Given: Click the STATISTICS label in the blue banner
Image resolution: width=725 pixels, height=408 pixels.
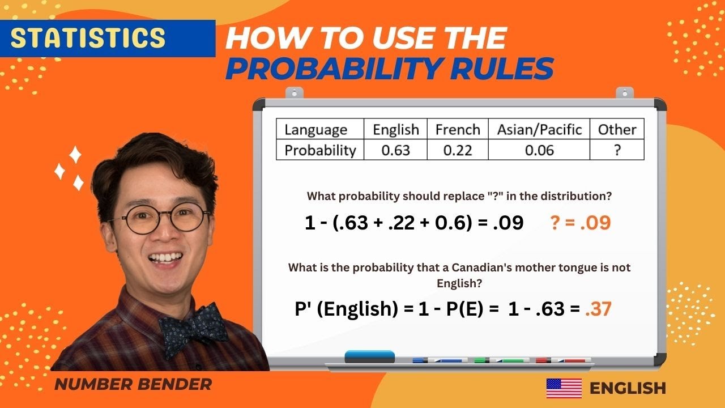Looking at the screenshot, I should tap(88, 37).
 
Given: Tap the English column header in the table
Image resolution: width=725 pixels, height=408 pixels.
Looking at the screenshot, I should tap(395, 130).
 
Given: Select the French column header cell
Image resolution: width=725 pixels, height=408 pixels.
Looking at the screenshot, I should tap(458, 130).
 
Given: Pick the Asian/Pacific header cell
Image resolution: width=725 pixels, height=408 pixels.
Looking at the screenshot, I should tap(539, 130).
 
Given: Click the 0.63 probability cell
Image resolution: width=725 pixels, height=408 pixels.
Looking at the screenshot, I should tap(395, 150).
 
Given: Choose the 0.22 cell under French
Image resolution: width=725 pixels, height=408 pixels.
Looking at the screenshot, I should tap(458, 150).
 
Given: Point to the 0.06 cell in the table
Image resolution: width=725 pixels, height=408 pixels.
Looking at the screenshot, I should tap(539, 150).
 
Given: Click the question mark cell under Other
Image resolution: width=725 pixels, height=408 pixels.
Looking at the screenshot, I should tap(617, 150).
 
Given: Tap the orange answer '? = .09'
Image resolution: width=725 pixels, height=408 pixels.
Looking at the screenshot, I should tap(581, 223).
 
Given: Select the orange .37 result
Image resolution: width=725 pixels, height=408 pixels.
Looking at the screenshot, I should tap(598, 309).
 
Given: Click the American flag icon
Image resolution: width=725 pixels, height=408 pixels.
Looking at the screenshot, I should tap(564, 388).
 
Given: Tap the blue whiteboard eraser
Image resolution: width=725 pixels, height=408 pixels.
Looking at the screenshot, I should tap(370, 356).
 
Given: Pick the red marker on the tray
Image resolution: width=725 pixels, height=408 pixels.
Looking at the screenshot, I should tap(563, 360).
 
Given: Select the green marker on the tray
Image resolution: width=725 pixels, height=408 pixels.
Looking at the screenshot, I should tap(501, 360).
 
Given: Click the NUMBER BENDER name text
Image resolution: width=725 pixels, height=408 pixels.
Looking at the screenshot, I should tap(133, 384).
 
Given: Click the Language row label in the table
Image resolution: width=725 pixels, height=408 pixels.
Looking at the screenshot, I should tap(315, 130).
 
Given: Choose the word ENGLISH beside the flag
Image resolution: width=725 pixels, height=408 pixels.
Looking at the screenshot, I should tap(628, 388).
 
